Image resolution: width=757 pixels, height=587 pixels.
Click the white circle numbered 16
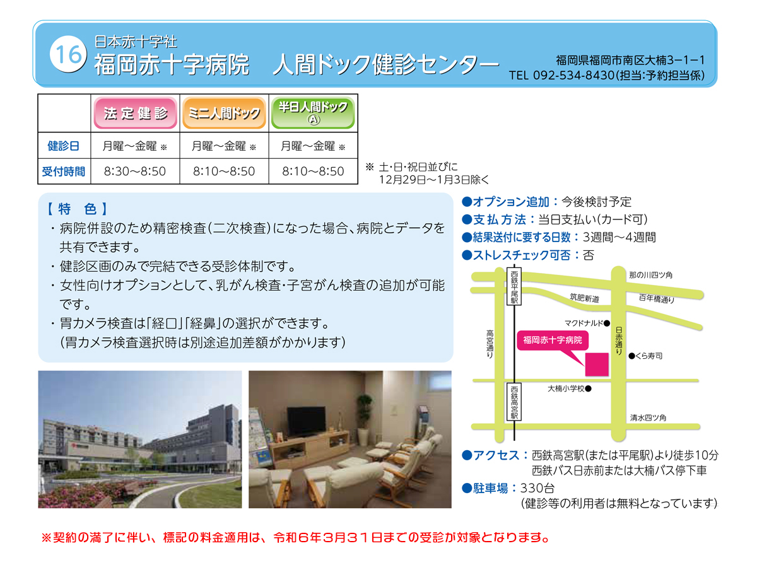coord(68,54)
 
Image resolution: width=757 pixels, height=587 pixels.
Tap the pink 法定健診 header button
coord(135,113)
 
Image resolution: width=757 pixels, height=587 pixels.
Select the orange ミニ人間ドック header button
coord(224,113)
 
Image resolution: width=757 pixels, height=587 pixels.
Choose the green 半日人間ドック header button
coord(313,113)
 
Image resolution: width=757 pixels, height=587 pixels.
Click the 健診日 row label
coord(64,146)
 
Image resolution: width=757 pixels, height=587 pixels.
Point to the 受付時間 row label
coord(64,171)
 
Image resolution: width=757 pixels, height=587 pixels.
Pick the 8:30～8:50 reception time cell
coord(135,171)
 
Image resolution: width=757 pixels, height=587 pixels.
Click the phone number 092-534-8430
coord(573,75)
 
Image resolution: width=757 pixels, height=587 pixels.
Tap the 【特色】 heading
coord(77,209)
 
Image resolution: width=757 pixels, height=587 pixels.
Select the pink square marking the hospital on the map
coord(597,364)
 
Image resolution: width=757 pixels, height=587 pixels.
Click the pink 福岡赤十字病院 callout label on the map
coord(553,340)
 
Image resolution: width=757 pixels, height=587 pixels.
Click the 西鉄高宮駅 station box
coord(514,402)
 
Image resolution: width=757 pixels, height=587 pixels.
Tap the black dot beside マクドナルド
coord(606,323)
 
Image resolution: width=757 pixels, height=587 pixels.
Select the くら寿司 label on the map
coord(648,356)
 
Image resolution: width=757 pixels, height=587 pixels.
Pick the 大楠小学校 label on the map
coord(566,388)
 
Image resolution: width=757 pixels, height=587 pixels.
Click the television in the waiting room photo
coord(306,421)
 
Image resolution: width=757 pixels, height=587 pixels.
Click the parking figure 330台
coord(537,488)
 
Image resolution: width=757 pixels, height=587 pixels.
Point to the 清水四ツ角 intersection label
coord(648,417)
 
